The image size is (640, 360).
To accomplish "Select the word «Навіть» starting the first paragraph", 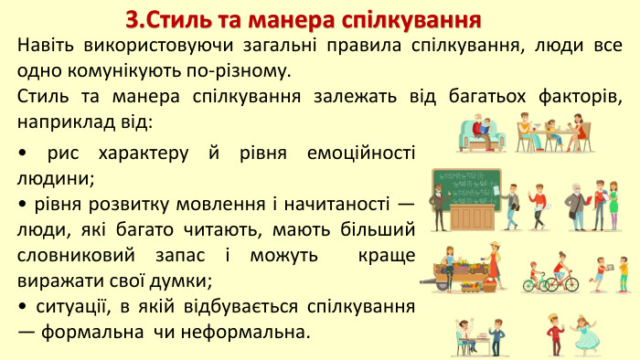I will pos(48,45).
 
